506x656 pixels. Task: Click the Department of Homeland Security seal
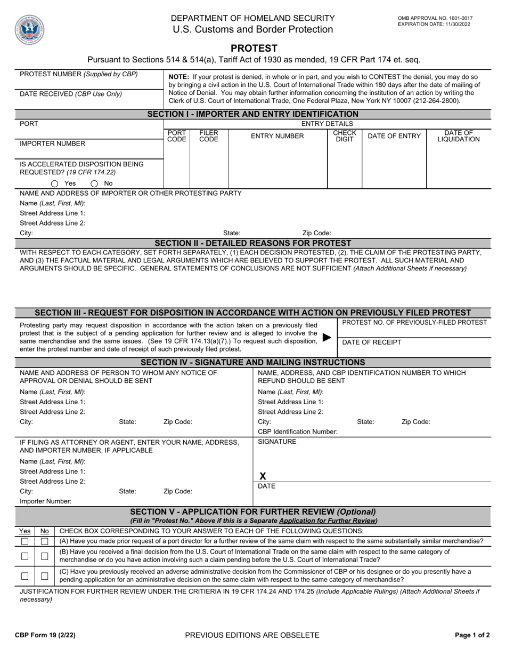coord(30,30)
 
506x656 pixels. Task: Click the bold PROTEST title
coord(254,48)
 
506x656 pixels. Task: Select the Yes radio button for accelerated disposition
coord(55,183)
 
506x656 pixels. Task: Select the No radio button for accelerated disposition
coord(94,183)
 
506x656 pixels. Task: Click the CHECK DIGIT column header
coord(344,136)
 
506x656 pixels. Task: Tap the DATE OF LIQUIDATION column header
coord(458,136)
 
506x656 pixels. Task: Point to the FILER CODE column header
coord(208,136)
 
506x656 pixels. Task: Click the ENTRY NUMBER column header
coord(277,136)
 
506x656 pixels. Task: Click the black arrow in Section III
coord(328,338)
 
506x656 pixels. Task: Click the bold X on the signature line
coord(263,476)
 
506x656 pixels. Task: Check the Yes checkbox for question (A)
coord(25,541)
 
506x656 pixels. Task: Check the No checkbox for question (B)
coord(45,556)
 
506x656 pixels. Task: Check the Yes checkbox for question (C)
coord(25,576)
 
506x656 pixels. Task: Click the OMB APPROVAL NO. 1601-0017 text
coord(435,18)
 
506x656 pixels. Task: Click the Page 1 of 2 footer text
coord(472,635)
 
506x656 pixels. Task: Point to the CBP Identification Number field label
coord(297,431)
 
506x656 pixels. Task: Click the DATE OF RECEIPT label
coord(371,342)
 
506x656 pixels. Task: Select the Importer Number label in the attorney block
coord(45,501)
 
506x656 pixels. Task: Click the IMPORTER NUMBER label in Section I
coord(52,144)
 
